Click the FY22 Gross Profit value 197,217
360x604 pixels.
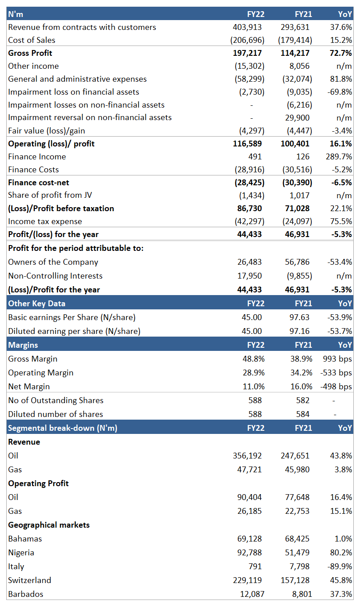[x=247, y=53]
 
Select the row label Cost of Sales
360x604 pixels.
[x=32, y=40]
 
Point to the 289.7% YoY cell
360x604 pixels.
[x=339, y=157]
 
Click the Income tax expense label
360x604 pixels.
[x=45, y=221]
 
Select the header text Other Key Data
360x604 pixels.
[x=37, y=304]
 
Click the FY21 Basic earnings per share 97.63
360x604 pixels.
[x=299, y=317]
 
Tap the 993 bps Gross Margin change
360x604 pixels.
[x=337, y=359]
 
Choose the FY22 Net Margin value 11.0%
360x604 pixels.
[x=253, y=387]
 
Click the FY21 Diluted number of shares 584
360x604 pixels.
[x=302, y=414]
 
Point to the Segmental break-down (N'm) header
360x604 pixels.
[x=62, y=428]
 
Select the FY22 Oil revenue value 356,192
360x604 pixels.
[x=247, y=456]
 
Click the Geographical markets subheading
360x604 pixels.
[x=49, y=525]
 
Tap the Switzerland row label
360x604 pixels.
[x=29, y=580]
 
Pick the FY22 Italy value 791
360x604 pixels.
[x=255, y=566]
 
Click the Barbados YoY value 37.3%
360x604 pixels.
[x=341, y=594]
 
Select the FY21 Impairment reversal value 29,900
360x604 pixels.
[x=297, y=118]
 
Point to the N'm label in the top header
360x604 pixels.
[x=15, y=14]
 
